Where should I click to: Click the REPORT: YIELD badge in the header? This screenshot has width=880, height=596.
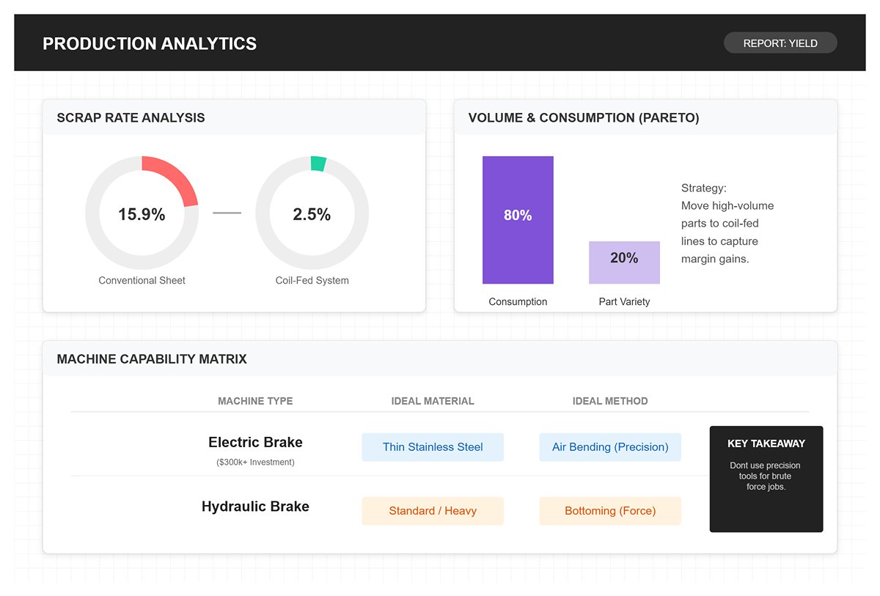[780, 43]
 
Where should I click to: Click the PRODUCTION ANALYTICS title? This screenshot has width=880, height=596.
[150, 43]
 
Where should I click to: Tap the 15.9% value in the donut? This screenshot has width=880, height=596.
[142, 214]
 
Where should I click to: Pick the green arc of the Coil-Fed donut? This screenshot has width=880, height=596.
[318, 163]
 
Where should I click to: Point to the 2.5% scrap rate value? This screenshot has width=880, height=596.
[312, 214]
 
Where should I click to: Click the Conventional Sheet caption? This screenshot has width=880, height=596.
[142, 280]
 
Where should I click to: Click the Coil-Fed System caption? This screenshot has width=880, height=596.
[312, 280]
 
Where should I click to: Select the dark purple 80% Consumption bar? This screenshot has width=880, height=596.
[518, 220]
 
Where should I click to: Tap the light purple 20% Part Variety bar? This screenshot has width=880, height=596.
[624, 262]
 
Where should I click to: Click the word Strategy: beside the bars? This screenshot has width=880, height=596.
[703, 188]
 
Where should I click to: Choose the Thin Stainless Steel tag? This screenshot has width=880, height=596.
[433, 446]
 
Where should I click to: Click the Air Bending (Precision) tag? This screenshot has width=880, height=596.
[610, 446]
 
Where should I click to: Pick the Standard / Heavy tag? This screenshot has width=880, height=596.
[433, 511]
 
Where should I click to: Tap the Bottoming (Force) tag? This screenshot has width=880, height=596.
[610, 511]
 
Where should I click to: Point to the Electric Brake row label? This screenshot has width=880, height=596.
[255, 442]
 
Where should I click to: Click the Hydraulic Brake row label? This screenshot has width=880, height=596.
[255, 507]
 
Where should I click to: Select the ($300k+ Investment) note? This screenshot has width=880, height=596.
[255, 462]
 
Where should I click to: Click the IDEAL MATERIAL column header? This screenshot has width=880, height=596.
[433, 401]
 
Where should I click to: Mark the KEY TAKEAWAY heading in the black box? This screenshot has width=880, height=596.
[766, 444]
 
